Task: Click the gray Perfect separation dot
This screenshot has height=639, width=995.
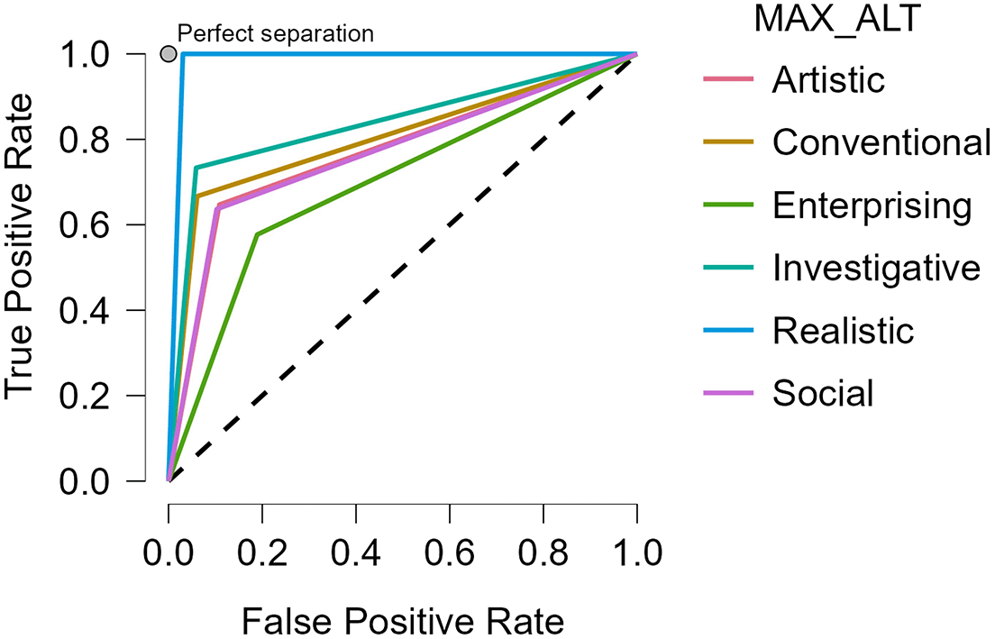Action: click(168, 54)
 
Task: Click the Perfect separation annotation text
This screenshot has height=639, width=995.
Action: click(275, 35)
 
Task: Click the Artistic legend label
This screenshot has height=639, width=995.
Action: click(828, 81)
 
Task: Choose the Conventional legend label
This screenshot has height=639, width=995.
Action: click(881, 142)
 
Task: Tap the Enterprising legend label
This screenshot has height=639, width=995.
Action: click(872, 205)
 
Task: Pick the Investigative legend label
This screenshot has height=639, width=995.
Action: click(876, 268)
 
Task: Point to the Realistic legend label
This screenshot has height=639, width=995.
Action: click(843, 330)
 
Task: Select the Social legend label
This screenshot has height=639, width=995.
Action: click(823, 393)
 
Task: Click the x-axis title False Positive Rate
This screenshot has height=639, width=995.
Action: click(402, 620)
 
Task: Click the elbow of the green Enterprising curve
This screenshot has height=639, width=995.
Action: click(258, 234)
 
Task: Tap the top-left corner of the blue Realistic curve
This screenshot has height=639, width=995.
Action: click(183, 54)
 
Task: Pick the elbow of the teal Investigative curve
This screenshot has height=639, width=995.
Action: click(196, 168)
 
